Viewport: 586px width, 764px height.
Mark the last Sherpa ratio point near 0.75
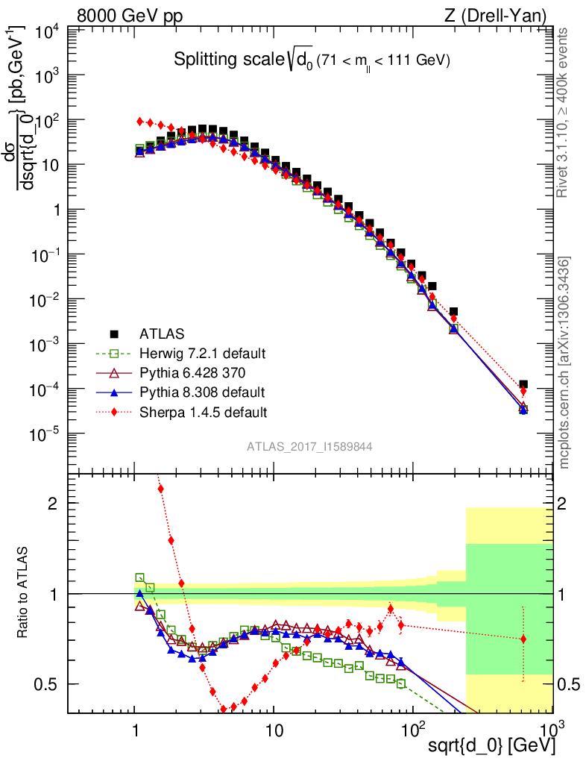[523, 639]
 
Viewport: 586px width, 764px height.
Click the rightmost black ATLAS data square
[523, 384]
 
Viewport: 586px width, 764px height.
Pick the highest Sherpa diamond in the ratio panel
[160, 489]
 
